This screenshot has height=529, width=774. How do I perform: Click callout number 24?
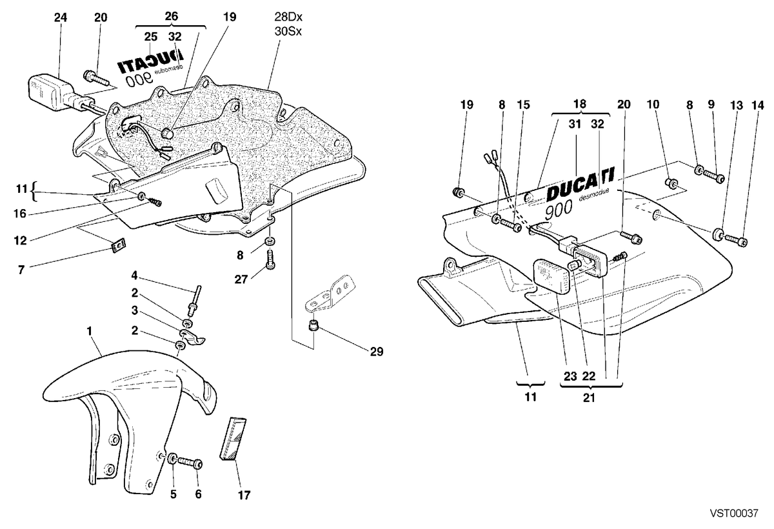click(x=61, y=17)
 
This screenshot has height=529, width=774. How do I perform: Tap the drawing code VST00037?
click(x=734, y=513)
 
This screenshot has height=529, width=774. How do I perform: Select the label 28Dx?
click(x=288, y=17)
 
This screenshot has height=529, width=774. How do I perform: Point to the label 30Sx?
click(x=288, y=32)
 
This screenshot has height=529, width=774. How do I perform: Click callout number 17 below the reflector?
click(x=244, y=495)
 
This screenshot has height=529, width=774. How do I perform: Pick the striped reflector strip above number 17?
click(x=233, y=439)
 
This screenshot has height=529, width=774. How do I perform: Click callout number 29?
click(x=377, y=352)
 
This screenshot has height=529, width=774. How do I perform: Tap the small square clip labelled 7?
click(x=119, y=245)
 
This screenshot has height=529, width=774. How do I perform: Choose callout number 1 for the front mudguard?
click(x=90, y=331)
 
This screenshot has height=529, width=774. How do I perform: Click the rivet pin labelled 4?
click(x=195, y=300)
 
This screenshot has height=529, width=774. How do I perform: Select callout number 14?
click(x=758, y=105)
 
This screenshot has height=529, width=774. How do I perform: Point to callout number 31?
click(x=575, y=124)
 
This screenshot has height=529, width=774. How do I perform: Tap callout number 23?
click(x=570, y=376)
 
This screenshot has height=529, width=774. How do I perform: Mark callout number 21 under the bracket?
click(x=589, y=397)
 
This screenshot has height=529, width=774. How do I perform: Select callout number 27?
click(x=241, y=279)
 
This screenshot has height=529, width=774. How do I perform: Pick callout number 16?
click(x=20, y=214)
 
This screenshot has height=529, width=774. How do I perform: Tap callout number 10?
click(x=653, y=105)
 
